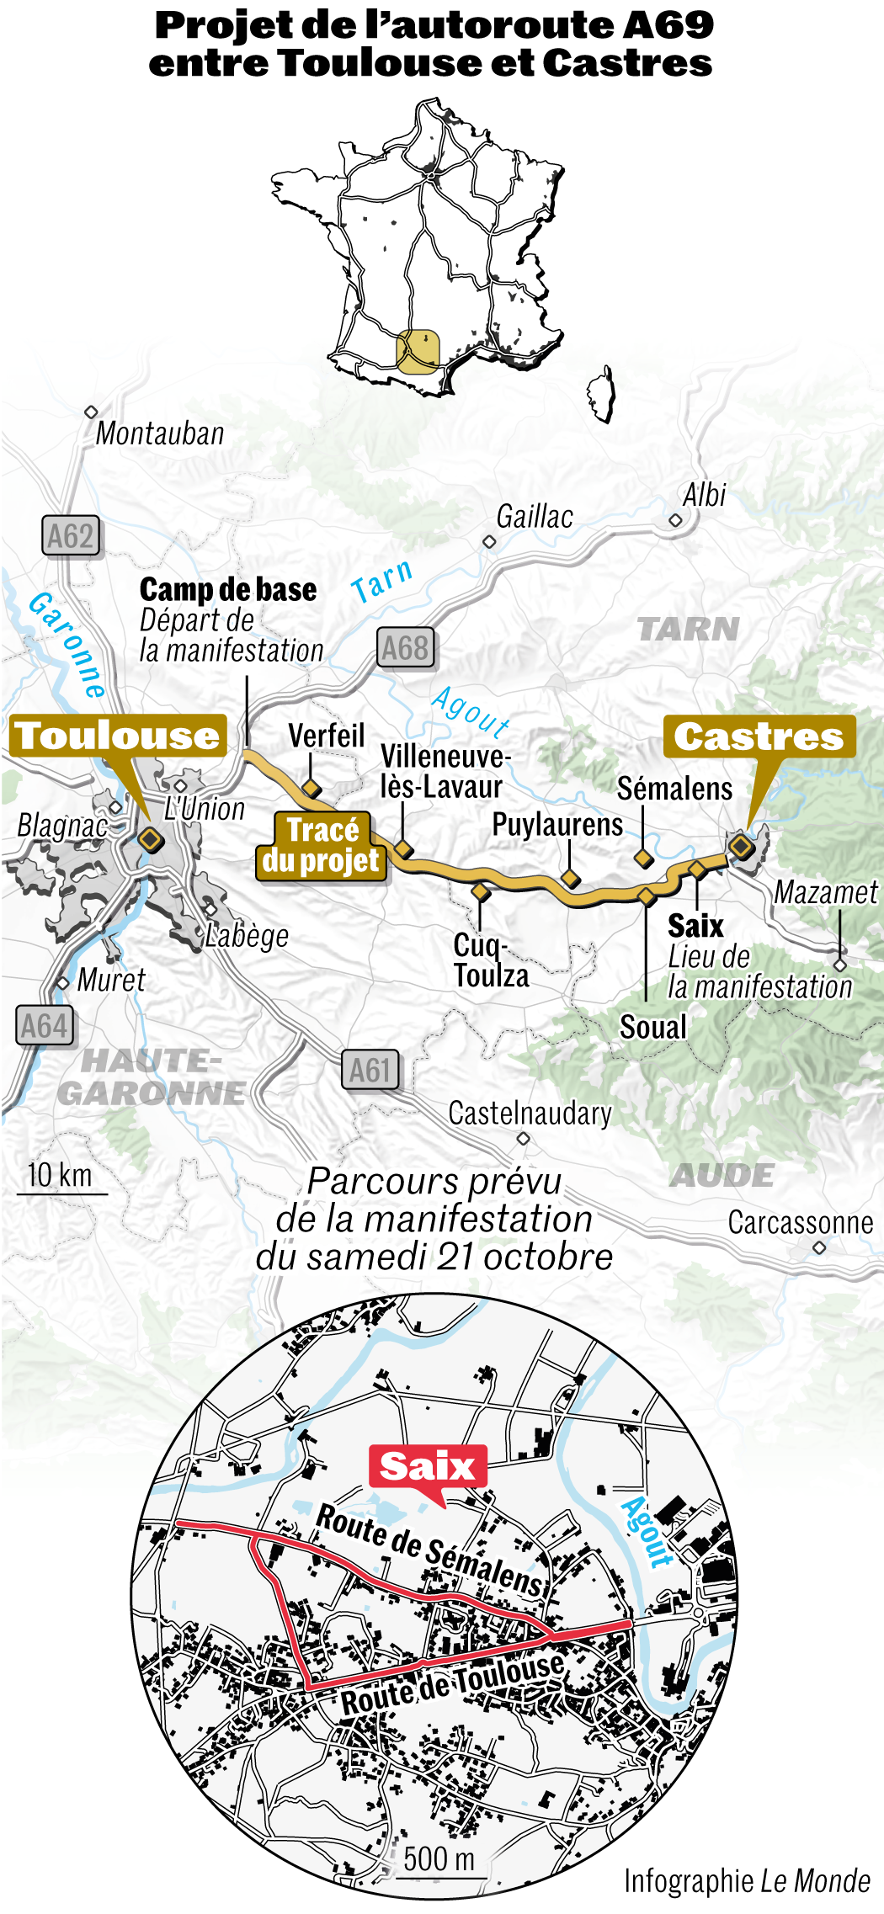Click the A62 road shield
coord(71,536)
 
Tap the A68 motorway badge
coord(405,647)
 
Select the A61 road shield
coord(370,1070)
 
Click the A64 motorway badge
coord(44,1026)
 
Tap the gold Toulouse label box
coord(118,736)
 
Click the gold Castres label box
coord(759,736)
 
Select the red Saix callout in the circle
coord(427,1466)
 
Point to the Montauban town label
coord(160,433)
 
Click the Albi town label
coord(704,495)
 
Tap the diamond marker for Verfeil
coord(312,788)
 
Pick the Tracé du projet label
coord(322,845)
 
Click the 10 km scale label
coord(60,1175)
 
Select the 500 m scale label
coord(439,1858)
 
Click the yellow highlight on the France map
coord(418,351)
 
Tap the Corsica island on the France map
coord(601,393)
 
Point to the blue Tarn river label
coord(382,581)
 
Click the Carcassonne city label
coord(800,1222)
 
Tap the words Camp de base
coord(228,589)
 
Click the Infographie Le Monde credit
coord(747,1880)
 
